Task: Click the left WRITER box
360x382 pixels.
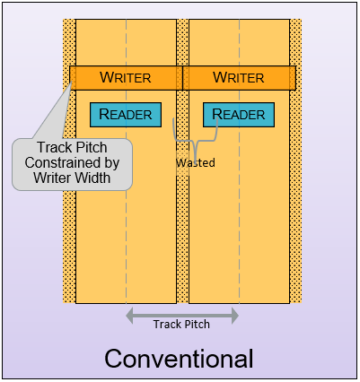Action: click(126, 78)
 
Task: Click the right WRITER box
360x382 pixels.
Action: click(239, 78)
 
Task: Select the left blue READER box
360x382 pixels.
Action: click(126, 115)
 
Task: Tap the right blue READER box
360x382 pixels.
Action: click(239, 115)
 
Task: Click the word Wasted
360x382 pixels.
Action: click(196, 162)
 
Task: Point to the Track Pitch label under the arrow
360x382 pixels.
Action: click(181, 324)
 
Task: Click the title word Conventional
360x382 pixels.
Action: click(179, 359)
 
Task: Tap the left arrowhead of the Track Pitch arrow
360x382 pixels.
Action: click(129, 316)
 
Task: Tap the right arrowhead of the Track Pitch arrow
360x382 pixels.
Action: click(235, 316)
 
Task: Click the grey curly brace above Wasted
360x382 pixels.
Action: click(196, 141)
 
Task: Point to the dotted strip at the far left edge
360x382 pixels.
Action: click(69, 161)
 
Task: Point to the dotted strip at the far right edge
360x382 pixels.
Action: click(295, 161)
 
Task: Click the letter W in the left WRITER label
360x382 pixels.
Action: click(107, 77)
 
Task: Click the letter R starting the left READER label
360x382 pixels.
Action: click(104, 114)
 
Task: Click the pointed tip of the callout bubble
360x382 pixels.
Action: click(71, 81)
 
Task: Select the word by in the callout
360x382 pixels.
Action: click(111, 163)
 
